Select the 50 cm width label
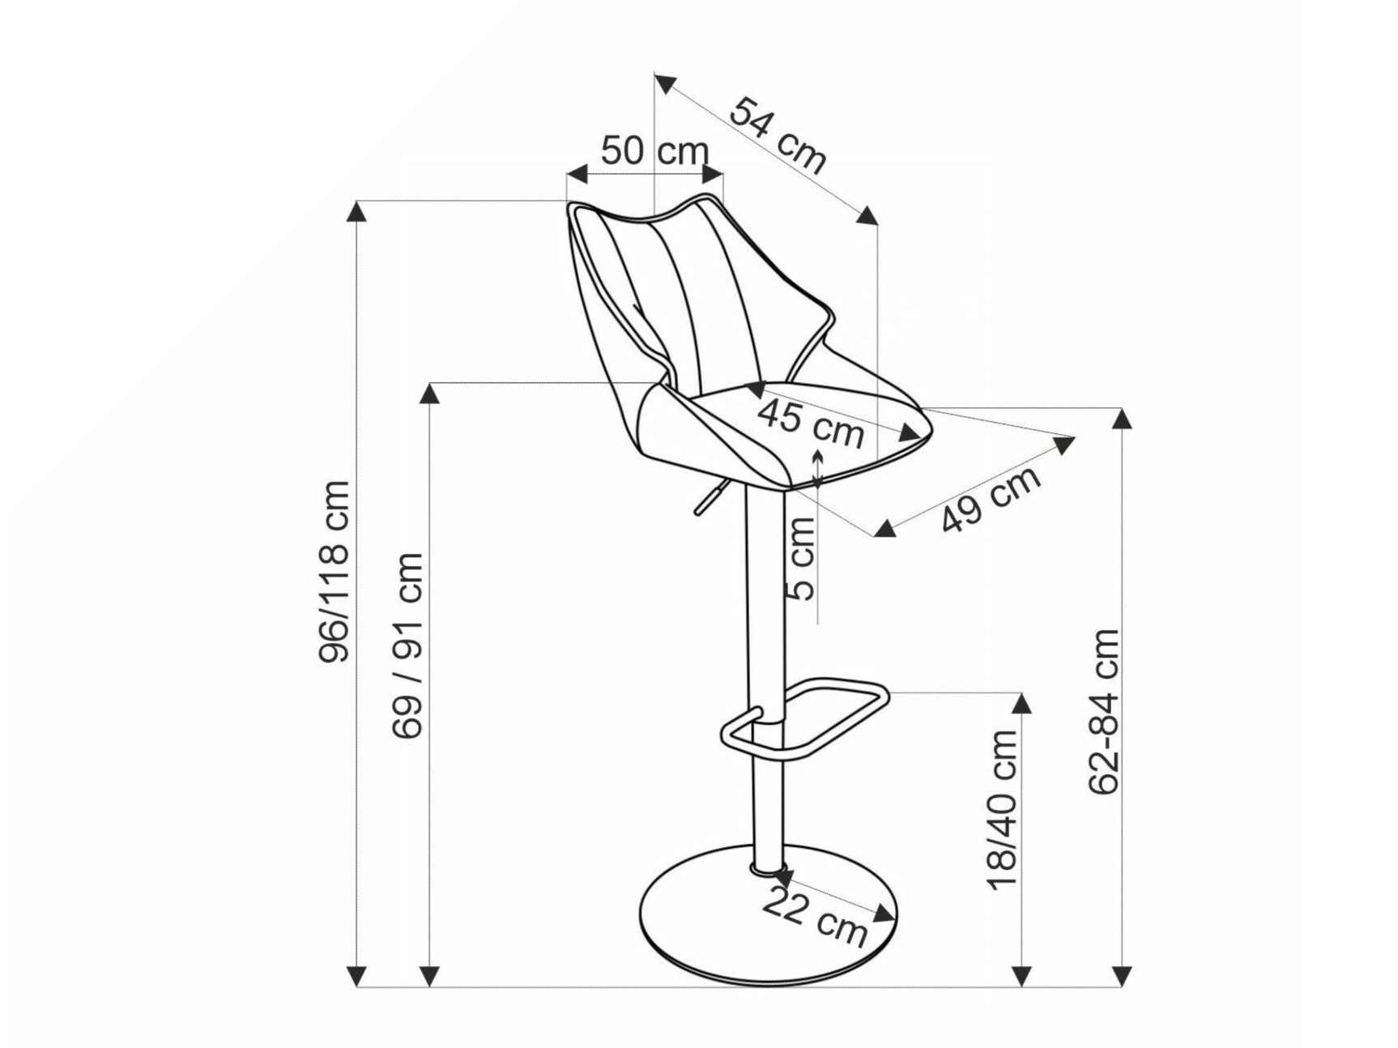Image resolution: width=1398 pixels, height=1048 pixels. coord(655,151)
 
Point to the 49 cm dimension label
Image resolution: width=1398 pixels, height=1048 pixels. coord(991,501)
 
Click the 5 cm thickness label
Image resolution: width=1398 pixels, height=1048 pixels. coord(803,559)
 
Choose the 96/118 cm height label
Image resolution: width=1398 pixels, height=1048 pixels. coord(334,572)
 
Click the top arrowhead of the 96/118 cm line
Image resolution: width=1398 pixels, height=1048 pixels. coord(356,211)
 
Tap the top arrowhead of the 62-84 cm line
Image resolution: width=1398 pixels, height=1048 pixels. coord(1122,418)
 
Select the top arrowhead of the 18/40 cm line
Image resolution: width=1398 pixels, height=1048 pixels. coord(1025,703)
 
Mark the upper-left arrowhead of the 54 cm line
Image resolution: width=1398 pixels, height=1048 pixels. coord(666,83)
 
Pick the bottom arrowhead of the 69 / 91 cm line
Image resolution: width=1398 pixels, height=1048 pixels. coord(429,975)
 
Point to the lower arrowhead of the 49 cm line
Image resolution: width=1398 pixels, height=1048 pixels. coord(885,527)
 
